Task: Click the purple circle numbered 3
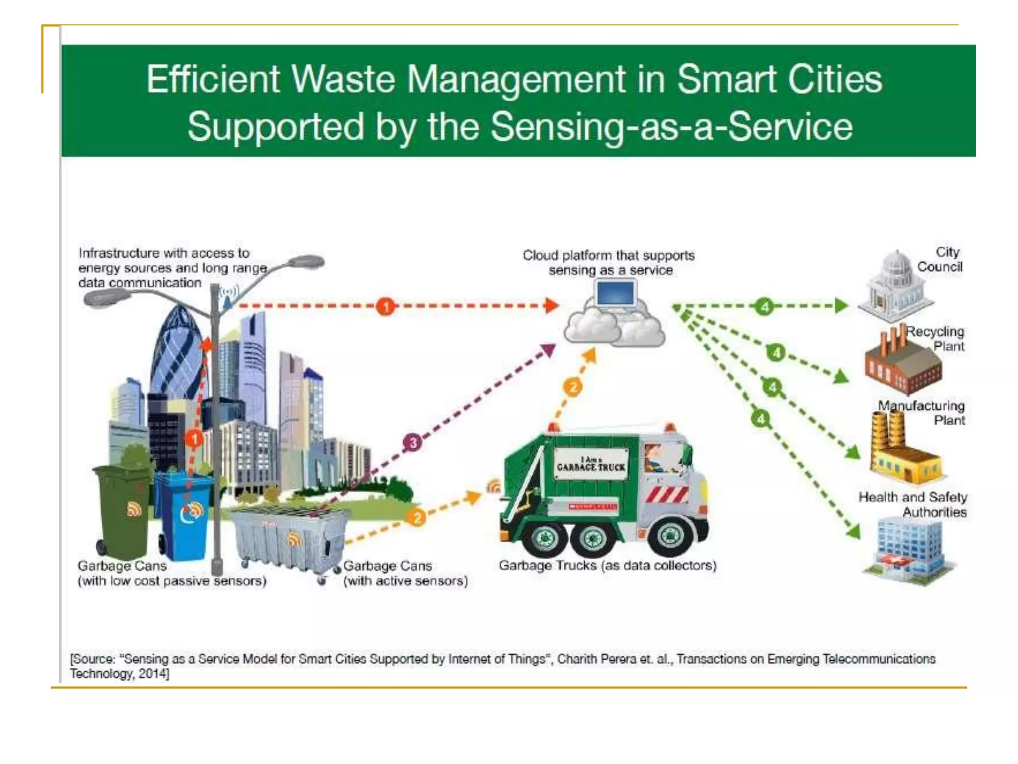413,442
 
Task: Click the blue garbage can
183,515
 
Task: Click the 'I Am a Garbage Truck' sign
591,464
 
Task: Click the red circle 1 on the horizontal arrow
386,306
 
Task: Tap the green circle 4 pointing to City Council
764,306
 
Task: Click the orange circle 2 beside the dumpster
417,518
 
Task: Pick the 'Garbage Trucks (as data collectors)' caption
607,566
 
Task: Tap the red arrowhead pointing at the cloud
551,306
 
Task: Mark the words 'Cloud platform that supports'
608,256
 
